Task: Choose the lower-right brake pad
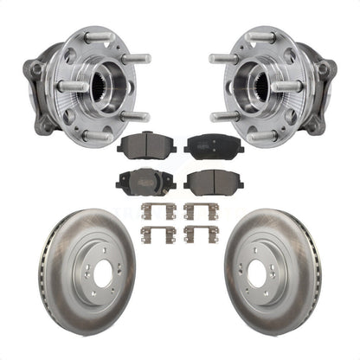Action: [x=212, y=182]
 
